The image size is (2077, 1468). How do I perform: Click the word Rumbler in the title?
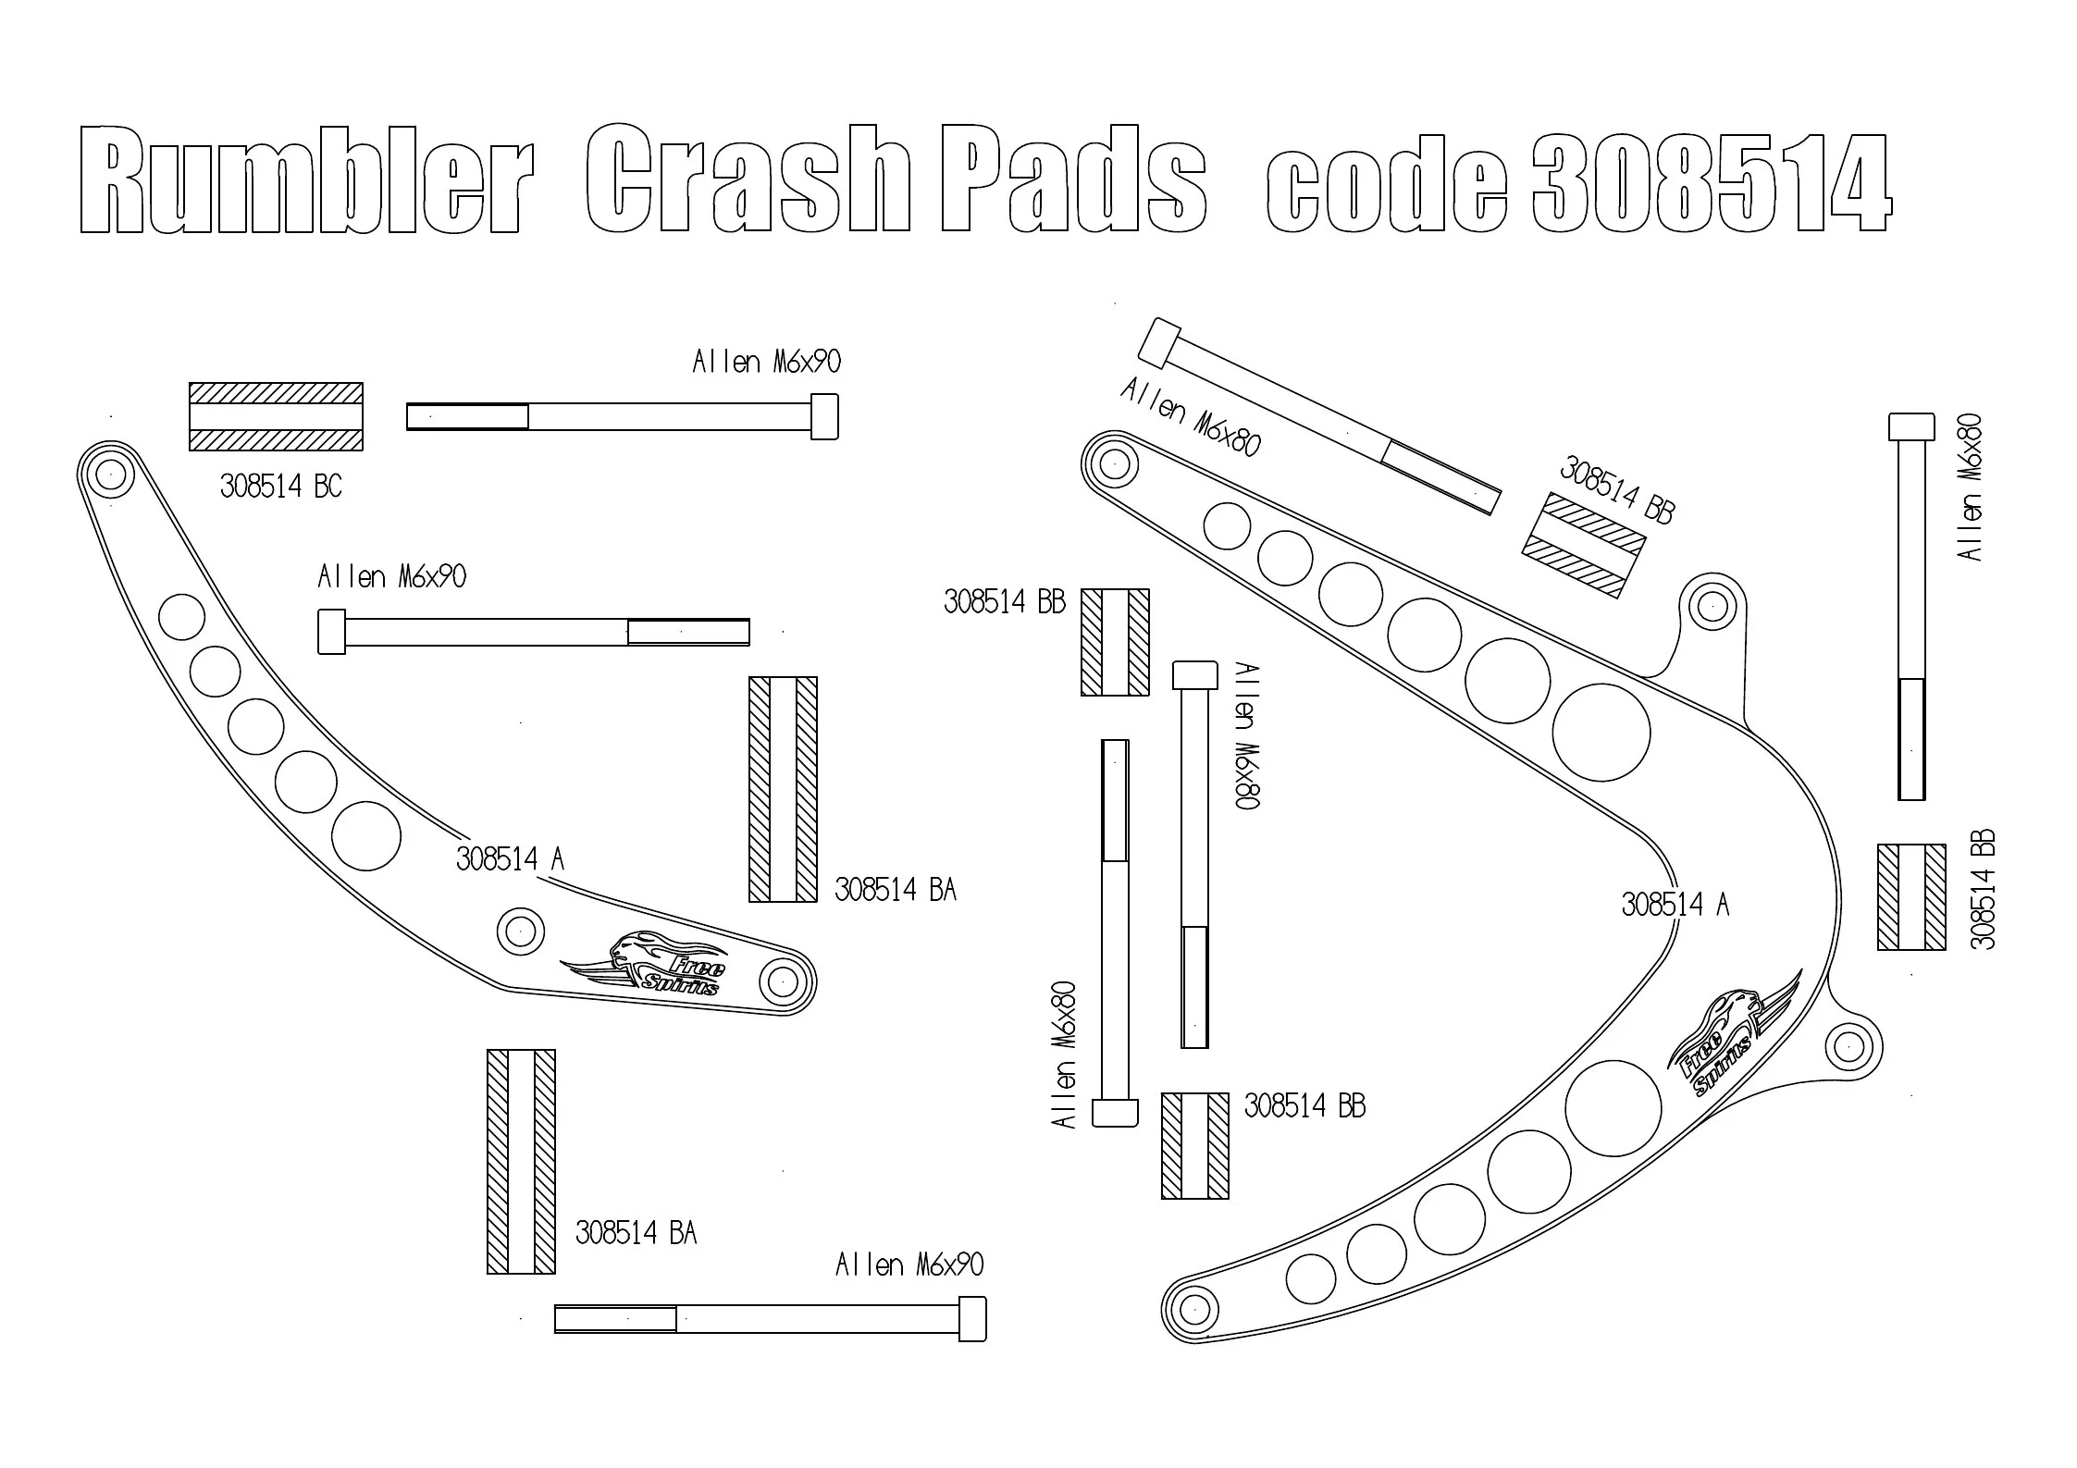coord(306,179)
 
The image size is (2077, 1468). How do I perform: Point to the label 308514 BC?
coord(280,486)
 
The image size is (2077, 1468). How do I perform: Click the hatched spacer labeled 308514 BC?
coord(276,416)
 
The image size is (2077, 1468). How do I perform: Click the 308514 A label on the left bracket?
coord(510,859)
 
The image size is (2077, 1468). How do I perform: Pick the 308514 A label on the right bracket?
coord(1675,904)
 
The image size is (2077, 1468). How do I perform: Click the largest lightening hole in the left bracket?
coord(366,836)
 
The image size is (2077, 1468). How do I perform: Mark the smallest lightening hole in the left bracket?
coord(181,617)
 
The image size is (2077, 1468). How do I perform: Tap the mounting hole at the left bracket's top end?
coord(110,475)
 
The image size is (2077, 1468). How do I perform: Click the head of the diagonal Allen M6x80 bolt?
coord(1160,342)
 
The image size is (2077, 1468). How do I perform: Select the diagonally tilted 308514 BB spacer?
coord(1584,545)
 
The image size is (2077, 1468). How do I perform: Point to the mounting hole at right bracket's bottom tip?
coord(1193,1309)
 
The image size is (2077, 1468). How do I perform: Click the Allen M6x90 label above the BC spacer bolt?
coord(766,362)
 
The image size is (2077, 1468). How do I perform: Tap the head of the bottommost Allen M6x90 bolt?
coord(971,1318)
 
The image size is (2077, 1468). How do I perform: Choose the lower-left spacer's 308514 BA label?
coord(636,1233)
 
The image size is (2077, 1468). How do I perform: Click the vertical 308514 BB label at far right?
coord(1983,889)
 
